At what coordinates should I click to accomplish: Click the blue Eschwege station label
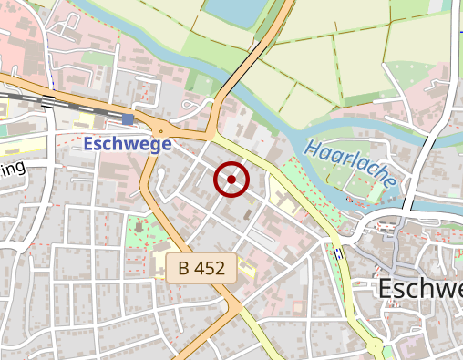click(128, 144)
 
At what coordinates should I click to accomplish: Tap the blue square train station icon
click(128, 119)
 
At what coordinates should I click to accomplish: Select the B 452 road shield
click(201, 268)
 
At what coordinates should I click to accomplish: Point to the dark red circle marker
click(231, 180)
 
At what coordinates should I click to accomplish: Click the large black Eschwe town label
click(419, 289)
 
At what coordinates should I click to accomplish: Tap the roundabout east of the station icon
click(160, 130)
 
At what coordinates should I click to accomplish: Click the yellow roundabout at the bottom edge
click(375, 345)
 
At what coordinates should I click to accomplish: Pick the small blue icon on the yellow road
click(337, 253)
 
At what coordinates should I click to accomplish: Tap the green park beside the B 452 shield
click(137, 232)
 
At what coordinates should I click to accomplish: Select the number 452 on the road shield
click(212, 268)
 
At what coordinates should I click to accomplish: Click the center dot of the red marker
click(231, 180)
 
